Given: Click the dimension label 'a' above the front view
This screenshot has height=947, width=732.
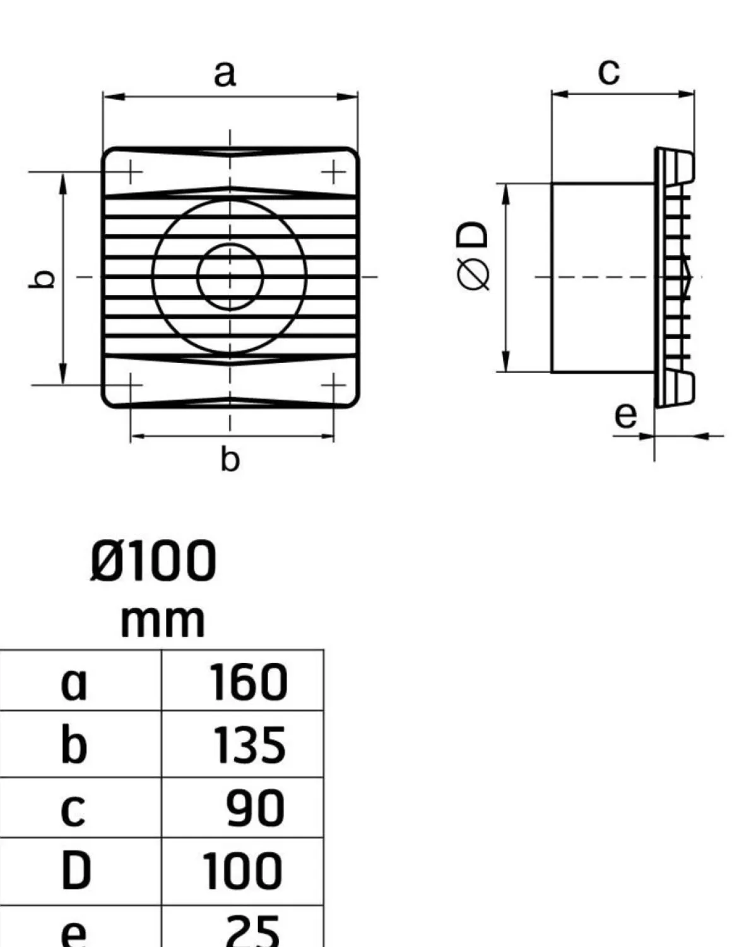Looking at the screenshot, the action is point(225,74).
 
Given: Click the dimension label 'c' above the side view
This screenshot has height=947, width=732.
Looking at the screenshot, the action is point(608,71).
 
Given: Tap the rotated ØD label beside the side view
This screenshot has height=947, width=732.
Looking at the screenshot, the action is point(473,255).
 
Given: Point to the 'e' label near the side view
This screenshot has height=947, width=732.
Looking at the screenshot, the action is point(625,416).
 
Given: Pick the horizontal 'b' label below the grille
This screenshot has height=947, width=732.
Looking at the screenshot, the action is point(230,458).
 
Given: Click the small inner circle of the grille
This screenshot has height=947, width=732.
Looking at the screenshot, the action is point(230,277).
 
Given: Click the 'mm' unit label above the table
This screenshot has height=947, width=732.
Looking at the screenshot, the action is point(162,622).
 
